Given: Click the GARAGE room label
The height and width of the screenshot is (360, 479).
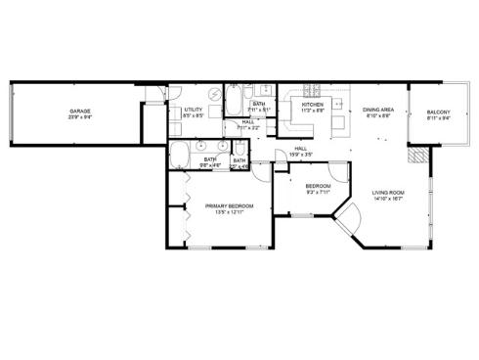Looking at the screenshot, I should point(80,111).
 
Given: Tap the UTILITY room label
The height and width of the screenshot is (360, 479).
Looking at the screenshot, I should point(193,111).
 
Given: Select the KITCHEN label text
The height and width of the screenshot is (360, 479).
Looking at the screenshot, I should point(312,104).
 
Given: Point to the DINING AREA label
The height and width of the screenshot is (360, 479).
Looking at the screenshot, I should point(378,111).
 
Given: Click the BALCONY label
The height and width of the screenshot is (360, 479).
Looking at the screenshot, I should point(439,113).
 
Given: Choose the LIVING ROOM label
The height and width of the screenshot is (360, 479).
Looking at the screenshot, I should point(388,193).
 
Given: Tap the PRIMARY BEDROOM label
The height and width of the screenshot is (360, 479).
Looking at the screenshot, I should point(229,205).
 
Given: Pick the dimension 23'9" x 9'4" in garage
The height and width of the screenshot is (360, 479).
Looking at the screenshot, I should point(80,117).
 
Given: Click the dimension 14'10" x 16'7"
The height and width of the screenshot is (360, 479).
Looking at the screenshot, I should point(388,200).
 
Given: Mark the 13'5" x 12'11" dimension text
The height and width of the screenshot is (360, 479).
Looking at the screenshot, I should point(229,212).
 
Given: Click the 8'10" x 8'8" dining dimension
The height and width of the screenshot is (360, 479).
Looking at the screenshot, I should point(378,116).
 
